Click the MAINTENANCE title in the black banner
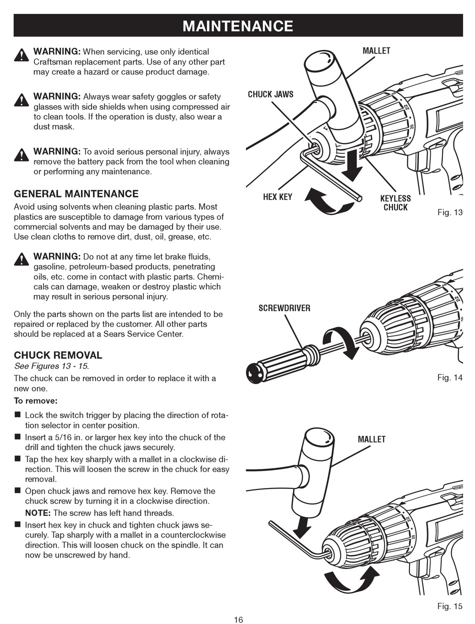click(x=238, y=25)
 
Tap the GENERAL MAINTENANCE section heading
click(x=76, y=194)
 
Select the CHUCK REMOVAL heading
click(x=58, y=355)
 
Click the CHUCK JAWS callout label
click(x=270, y=94)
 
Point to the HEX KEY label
click(x=277, y=197)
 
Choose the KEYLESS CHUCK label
click(x=395, y=203)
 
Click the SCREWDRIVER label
click(x=284, y=308)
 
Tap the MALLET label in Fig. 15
click(x=371, y=439)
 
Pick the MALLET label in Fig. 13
click(x=376, y=51)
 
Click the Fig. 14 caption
click(x=449, y=377)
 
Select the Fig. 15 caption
click(x=449, y=606)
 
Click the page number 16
click(x=238, y=620)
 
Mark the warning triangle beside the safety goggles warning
click(x=21, y=100)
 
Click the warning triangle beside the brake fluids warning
click(x=21, y=259)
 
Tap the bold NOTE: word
click(x=38, y=513)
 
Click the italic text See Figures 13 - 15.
click(x=51, y=366)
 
